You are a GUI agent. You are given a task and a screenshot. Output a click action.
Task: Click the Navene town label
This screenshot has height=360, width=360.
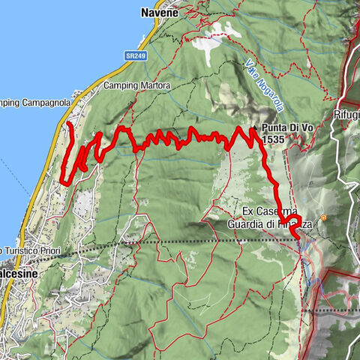158,13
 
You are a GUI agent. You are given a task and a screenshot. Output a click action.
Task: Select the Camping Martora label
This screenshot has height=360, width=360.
137,85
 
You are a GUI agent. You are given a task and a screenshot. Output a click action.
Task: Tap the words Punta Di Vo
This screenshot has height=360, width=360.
287,129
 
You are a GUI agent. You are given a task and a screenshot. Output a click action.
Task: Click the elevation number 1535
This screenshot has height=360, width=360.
274,139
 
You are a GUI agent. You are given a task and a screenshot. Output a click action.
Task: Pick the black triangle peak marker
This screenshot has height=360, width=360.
256,128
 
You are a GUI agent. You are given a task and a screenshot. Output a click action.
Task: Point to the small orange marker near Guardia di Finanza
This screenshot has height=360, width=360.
323,218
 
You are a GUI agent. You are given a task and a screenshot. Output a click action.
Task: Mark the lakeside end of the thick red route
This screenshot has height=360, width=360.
69,122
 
